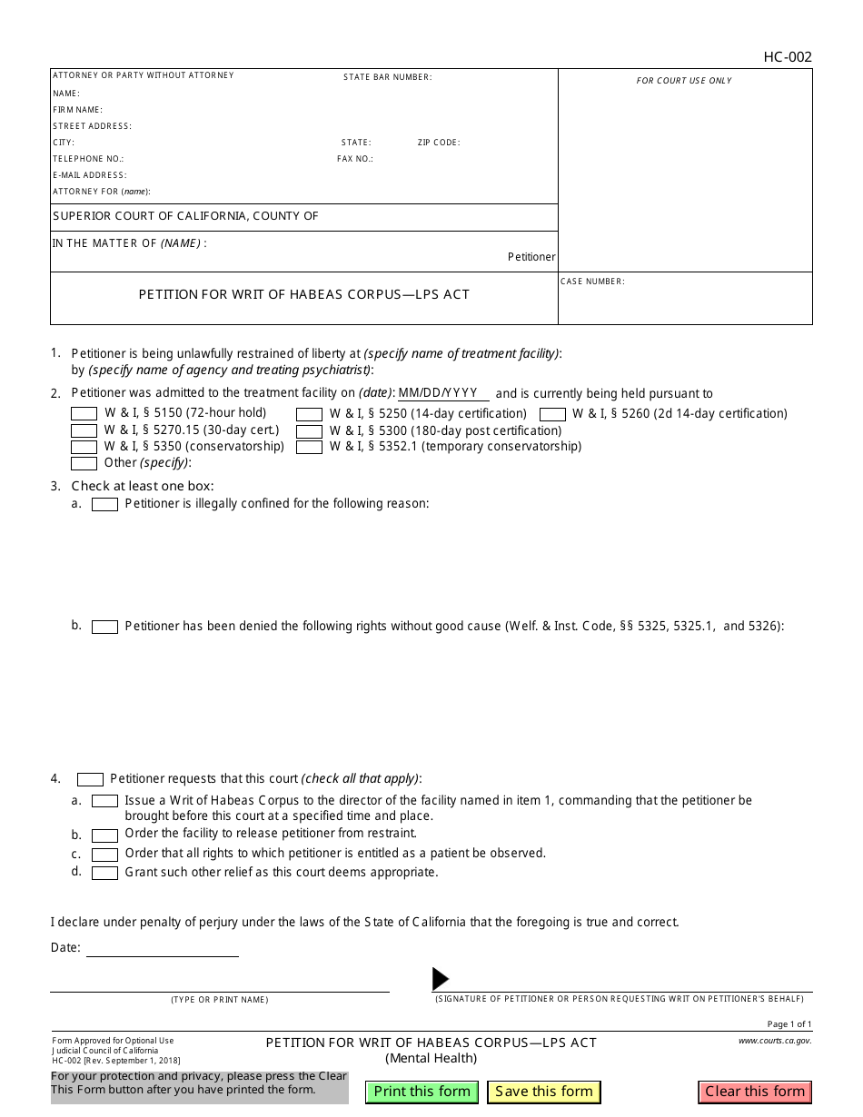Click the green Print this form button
(422, 1092)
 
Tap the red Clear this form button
(755, 1092)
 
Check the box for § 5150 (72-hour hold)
(84, 414)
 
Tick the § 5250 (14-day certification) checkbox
(309, 414)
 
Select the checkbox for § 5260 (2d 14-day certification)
(552, 414)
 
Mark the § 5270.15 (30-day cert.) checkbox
(84, 430)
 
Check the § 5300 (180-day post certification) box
(309, 430)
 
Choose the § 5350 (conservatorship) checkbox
(84, 447)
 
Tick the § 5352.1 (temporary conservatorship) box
(309, 447)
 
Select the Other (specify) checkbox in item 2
(84, 463)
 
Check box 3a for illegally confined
(104, 504)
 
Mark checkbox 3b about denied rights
(104, 627)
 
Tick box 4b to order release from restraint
(104, 835)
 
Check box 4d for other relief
(104, 873)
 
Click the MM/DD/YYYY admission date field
(443, 393)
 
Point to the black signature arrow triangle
(440, 978)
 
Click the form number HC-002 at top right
(788, 57)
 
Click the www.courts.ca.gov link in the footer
(775, 1041)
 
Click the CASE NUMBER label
(592, 282)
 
